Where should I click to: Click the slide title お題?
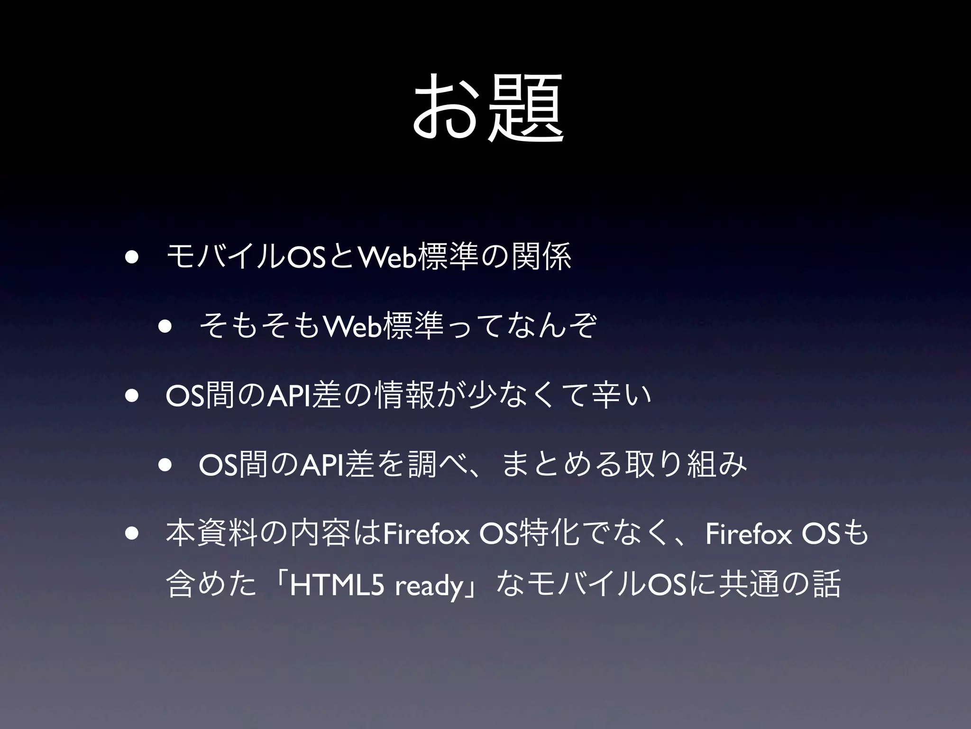(488, 108)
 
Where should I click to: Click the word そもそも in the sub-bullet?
(259, 327)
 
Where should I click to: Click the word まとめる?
(561, 464)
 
